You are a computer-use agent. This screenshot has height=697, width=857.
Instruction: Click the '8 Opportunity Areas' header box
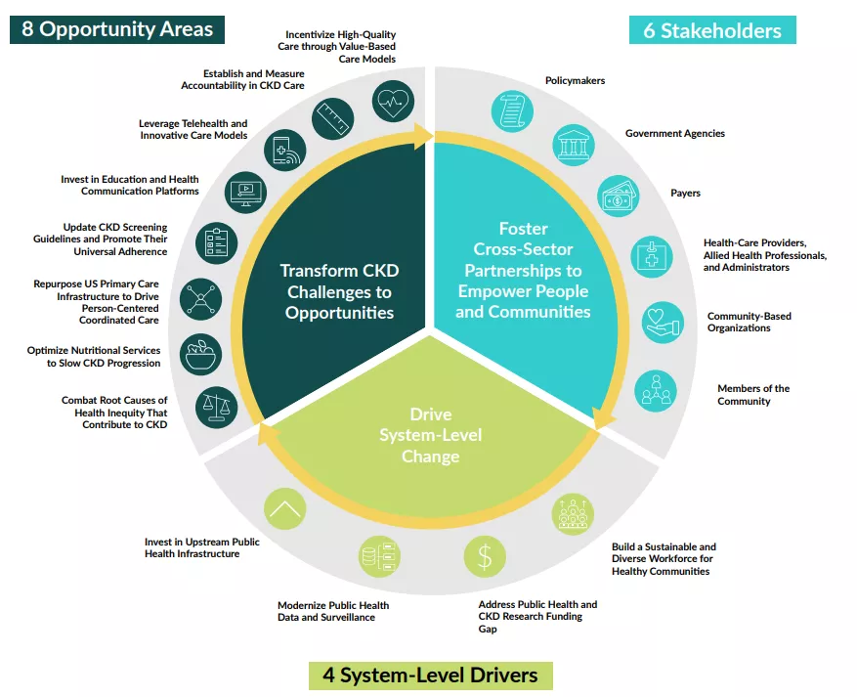tap(116, 28)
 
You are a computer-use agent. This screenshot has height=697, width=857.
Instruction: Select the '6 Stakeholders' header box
tap(711, 30)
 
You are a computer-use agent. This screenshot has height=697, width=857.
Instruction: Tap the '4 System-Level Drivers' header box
tap(430, 675)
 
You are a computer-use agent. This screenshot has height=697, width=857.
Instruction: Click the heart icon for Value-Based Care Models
tap(392, 101)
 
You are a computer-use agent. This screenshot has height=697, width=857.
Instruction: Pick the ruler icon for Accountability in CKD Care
tap(332, 119)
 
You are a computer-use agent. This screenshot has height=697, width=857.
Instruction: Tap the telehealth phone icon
tap(283, 151)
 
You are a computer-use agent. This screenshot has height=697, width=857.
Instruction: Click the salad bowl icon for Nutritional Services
tap(203, 353)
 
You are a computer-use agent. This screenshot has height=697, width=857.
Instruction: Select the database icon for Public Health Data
tap(378, 555)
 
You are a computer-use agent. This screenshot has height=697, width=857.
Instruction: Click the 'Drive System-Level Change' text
tap(430, 435)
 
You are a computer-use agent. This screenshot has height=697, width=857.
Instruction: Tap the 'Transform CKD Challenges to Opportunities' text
tap(339, 291)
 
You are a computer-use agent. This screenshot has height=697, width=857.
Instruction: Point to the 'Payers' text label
tap(685, 194)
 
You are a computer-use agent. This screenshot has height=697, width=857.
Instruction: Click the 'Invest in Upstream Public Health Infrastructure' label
tap(201, 547)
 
